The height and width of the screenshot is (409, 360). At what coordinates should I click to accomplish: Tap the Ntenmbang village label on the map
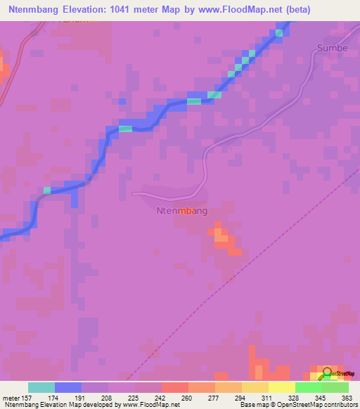(181, 209)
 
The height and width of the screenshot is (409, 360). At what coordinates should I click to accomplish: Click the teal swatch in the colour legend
(41, 387)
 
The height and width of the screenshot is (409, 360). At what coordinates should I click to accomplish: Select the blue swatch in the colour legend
(68, 387)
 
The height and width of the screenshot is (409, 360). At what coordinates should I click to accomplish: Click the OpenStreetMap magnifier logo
(327, 374)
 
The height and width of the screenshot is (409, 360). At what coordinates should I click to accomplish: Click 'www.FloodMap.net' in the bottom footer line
(150, 405)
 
